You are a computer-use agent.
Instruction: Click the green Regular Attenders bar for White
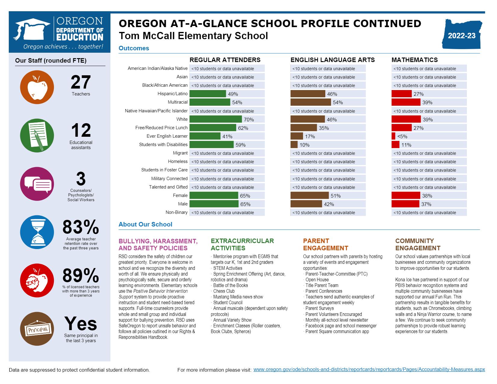[216, 119]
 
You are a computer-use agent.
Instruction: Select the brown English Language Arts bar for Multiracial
[311, 102]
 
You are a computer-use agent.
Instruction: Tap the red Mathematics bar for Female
[406, 196]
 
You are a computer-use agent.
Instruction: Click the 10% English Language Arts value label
[305, 145]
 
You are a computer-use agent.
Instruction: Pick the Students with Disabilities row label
[163, 145]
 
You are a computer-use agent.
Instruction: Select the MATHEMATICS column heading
[414, 60]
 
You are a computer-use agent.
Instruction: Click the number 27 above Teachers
[81, 82]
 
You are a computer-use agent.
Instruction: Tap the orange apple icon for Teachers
[37, 87]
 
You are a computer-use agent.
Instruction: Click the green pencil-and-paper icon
[37, 135]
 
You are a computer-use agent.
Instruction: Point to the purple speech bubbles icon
[37, 184]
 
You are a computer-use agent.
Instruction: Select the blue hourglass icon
[37, 232]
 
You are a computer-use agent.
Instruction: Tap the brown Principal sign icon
[37, 329]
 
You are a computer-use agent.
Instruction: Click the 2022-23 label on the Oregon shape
[461, 36]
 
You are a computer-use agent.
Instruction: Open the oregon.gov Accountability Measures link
[369, 370]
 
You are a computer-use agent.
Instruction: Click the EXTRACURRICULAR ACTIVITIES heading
[242, 245]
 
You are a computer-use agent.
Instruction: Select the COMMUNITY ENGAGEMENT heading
[417, 245]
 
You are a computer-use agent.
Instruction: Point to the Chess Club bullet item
[223, 291]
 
